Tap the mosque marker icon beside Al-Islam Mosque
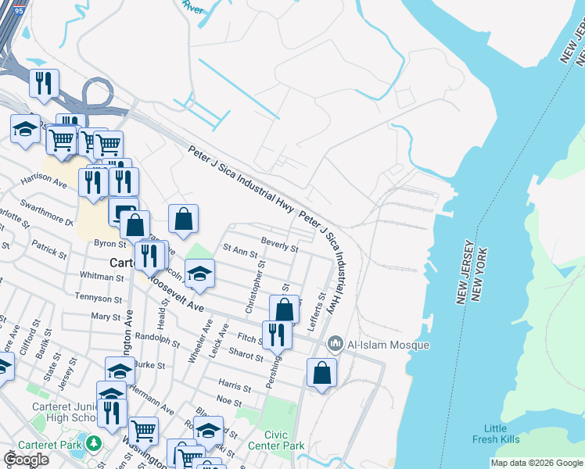336,343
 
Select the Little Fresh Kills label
495,434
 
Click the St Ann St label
240,251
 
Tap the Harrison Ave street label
45,181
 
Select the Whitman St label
97,277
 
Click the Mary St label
106,317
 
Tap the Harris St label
235,387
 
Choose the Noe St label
229,400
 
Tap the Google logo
26,460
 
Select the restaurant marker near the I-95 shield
44,83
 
